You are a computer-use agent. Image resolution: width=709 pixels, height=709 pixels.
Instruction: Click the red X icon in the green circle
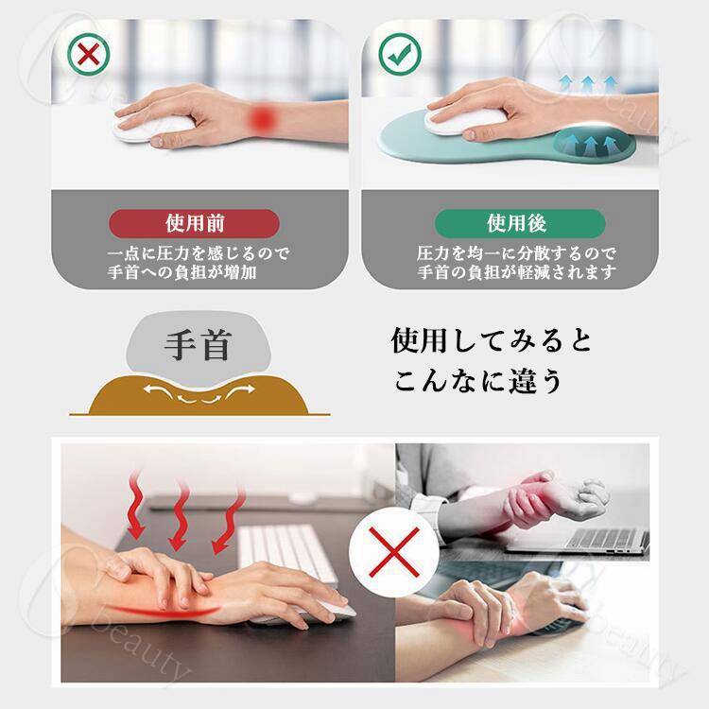pos(89,54)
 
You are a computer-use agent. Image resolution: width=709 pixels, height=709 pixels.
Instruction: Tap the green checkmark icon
pos(400,54)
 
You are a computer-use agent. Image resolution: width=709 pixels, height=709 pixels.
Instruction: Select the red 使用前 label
pos(195,223)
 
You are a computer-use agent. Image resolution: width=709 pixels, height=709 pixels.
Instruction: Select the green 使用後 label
pos(520,223)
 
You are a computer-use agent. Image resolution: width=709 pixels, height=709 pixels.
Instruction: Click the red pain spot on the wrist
pos(263,119)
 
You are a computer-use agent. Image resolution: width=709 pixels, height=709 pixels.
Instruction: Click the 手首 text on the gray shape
pos(198,346)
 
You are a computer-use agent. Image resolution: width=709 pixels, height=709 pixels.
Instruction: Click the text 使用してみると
pos(492,341)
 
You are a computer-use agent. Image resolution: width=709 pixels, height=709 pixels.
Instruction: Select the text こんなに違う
pos(477,381)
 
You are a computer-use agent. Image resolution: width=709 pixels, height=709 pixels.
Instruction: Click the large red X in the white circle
pos(394,553)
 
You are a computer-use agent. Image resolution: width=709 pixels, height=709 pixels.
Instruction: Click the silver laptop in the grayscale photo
pos(579,541)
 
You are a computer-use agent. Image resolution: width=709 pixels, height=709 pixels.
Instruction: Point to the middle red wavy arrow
pos(180,515)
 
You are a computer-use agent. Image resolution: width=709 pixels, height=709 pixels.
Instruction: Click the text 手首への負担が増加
pos(182,272)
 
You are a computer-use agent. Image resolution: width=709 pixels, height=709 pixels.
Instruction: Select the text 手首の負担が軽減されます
pos(516,272)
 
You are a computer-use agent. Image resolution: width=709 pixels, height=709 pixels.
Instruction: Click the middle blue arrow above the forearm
pos(587,84)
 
